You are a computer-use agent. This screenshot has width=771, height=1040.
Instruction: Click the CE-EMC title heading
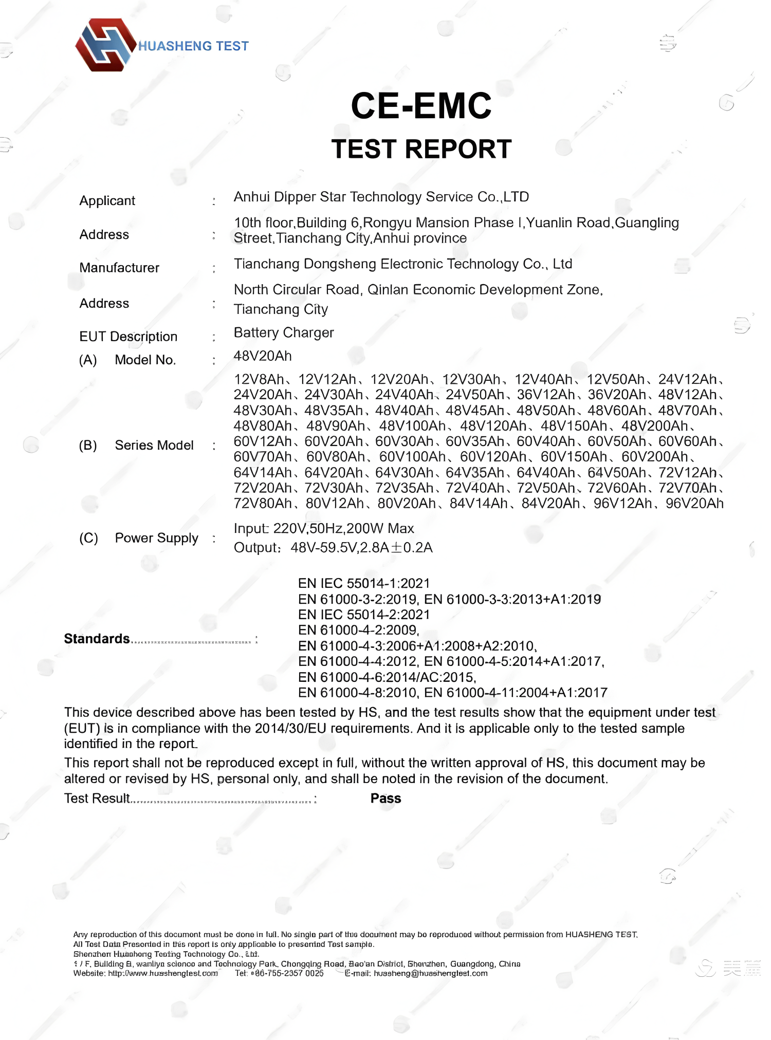421,106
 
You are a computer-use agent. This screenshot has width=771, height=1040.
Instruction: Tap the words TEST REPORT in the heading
421,149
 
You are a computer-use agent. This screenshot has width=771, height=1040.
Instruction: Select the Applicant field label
107,200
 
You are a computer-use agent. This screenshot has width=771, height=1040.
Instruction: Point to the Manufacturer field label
119,268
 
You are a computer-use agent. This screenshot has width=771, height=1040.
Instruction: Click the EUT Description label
128,337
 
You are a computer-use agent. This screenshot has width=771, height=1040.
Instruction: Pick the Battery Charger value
284,332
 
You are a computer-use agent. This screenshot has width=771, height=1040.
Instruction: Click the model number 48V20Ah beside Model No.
263,356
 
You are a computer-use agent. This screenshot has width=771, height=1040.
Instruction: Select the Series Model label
154,445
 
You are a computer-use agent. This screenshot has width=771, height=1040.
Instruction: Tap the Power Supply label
156,538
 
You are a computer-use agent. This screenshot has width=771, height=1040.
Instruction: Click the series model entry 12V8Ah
258,379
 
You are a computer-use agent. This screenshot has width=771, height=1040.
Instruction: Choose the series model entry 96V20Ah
694,504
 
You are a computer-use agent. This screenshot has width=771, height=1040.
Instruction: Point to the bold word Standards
97,639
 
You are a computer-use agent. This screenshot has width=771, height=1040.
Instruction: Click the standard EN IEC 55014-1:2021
364,583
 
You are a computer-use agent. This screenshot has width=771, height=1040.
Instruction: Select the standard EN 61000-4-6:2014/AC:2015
387,677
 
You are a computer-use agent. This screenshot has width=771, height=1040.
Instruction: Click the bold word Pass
385,798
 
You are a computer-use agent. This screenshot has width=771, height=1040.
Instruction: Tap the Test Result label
97,798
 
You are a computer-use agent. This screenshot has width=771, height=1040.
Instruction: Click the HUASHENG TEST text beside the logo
193,46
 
